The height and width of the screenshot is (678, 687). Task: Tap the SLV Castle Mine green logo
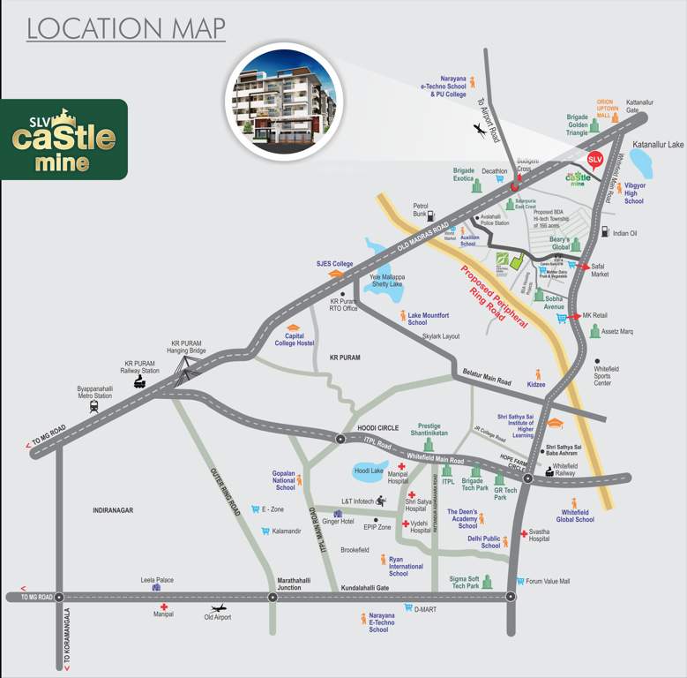coord(63,139)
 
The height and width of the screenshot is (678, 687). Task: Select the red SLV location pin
coord(594,160)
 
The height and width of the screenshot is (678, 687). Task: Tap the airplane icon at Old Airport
coord(218,608)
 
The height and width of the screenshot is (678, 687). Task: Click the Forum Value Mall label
coord(548,581)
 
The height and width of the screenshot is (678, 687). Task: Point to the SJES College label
coord(334,264)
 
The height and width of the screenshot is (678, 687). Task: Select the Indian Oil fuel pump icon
coord(605,232)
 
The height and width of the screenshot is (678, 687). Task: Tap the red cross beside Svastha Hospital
coord(524,533)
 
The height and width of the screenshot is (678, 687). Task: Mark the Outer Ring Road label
coord(225,491)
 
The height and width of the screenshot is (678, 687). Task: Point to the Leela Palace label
coord(157,580)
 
